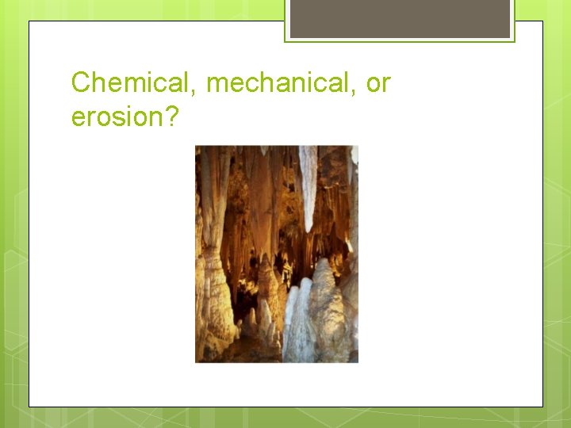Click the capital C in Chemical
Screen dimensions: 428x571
80,82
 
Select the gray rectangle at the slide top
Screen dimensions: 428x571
400,17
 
